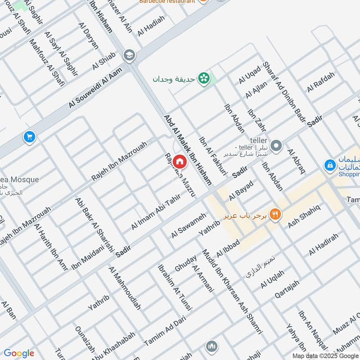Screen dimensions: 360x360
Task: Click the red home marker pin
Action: [x=179, y=161]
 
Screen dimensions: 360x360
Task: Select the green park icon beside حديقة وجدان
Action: [x=205, y=78]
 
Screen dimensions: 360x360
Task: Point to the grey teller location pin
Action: [x=277, y=146]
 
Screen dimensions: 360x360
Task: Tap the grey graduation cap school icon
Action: [x=129, y=55]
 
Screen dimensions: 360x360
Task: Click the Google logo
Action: [x=18, y=353]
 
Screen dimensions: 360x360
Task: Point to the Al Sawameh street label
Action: [x=188, y=225]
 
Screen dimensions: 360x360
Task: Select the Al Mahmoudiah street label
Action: [x=125, y=288]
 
